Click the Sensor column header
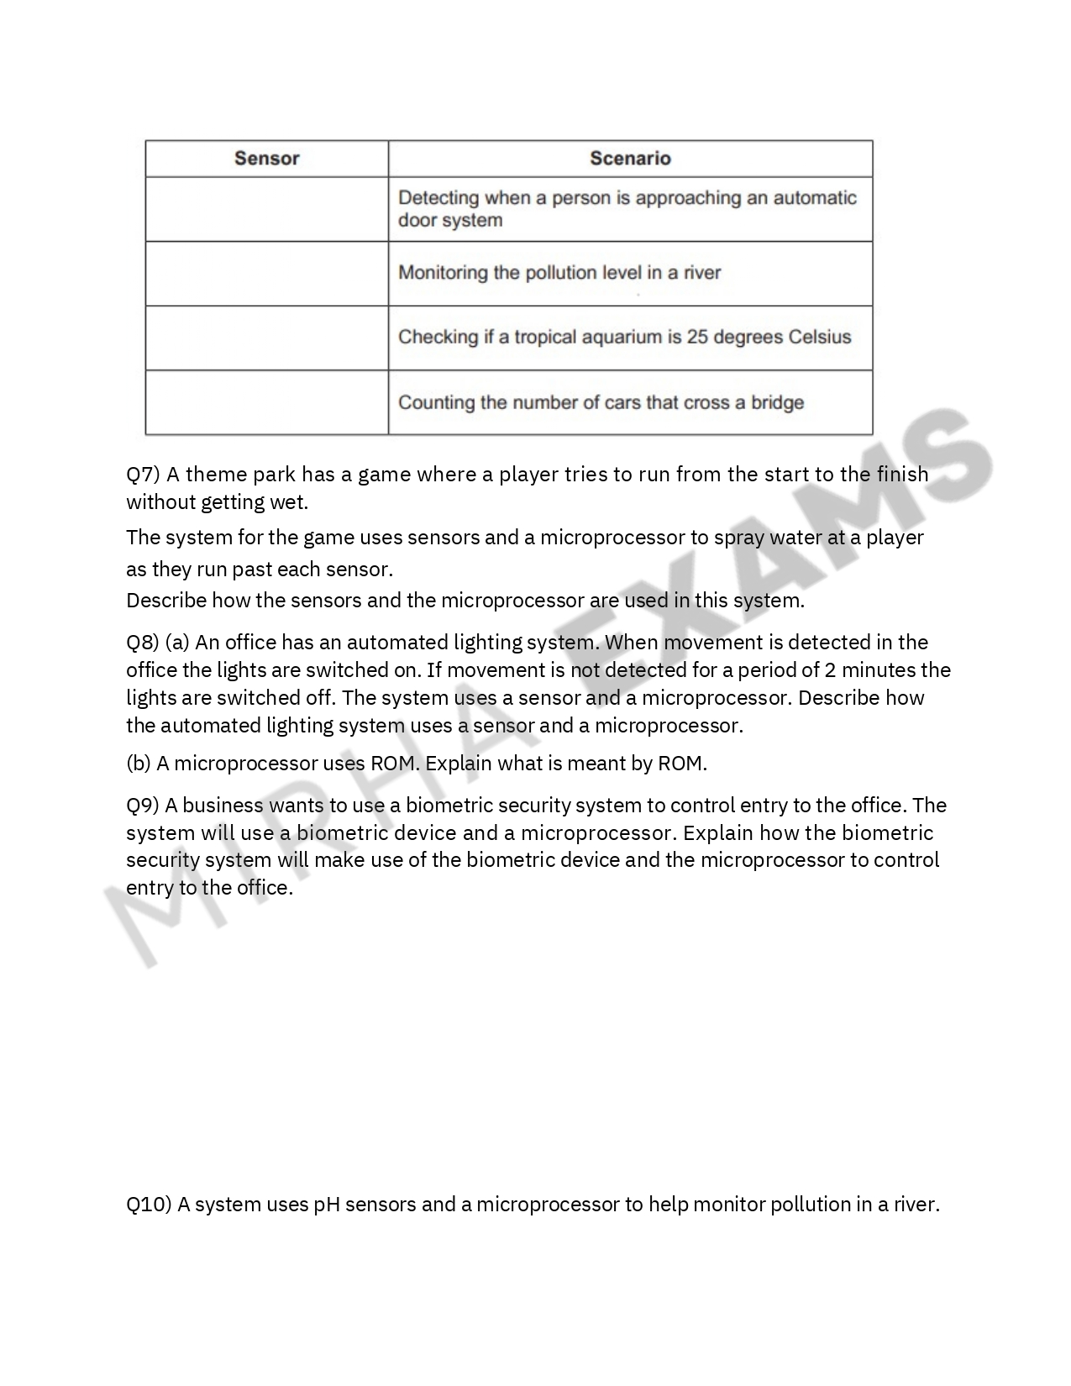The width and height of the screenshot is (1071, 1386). coord(266,158)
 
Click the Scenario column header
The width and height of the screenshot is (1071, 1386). coord(630,158)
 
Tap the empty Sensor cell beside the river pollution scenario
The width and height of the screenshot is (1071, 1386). coord(266,273)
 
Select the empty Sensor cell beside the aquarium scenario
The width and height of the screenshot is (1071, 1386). coord(266,338)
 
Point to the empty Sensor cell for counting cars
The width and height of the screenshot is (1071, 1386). coord(266,402)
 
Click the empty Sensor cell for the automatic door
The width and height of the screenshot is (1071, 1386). coord(266,209)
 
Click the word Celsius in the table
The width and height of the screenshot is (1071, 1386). coord(820,337)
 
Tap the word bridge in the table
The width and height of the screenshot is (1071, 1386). coord(777,402)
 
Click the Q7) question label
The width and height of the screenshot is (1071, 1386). coord(143,475)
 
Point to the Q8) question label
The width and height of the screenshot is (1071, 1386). coord(143,643)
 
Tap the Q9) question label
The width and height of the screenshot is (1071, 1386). coord(143,806)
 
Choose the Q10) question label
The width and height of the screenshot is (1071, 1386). coord(149,1205)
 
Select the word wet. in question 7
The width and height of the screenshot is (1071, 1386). coord(291,502)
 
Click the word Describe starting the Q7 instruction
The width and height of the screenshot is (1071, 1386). coord(165,601)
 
